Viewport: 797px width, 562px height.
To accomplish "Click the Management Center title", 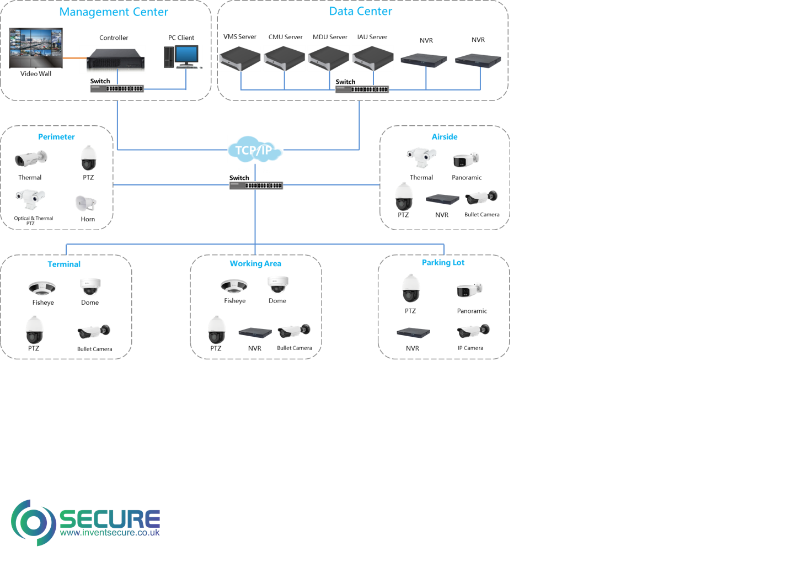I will pyautogui.click(x=114, y=12).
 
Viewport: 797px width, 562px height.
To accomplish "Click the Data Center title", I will pyautogui.click(x=360, y=12).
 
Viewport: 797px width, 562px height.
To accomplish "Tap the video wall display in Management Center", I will pyautogui.click(x=36, y=48).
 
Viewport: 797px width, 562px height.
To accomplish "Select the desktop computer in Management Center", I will pyautogui.click(x=183, y=57).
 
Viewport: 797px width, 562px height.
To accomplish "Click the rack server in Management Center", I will pyautogui.click(x=113, y=59).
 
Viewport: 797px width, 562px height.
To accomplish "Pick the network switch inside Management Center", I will pyautogui.click(x=117, y=88).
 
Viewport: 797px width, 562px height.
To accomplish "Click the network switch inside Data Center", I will pyautogui.click(x=362, y=89).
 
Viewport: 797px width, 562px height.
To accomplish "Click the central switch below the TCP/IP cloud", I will pyautogui.click(x=256, y=185).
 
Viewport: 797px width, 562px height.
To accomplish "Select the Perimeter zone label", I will pyautogui.click(x=56, y=137).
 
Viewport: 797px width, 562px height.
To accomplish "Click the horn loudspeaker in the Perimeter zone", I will pyautogui.click(x=85, y=203).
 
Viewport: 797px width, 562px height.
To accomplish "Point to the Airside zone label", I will pyautogui.click(x=445, y=137).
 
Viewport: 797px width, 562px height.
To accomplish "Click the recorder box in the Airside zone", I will pyautogui.click(x=442, y=199).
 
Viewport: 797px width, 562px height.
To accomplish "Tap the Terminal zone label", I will pyautogui.click(x=64, y=264).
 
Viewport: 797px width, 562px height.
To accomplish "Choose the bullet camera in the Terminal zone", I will pyautogui.click(x=94, y=331).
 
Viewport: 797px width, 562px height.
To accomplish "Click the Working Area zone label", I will pyautogui.click(x=255, y=264).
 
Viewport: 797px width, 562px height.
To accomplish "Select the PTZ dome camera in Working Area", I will pyautogui.click(x=217, y=330).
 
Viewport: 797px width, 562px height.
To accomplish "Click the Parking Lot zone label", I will pyautogui.click(x=443, y=263).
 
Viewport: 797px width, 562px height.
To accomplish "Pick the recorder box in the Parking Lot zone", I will pyautogui.click(x=413, y=332).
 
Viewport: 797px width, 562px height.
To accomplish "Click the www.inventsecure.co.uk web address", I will pyautogui.click(x=110, y=533).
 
